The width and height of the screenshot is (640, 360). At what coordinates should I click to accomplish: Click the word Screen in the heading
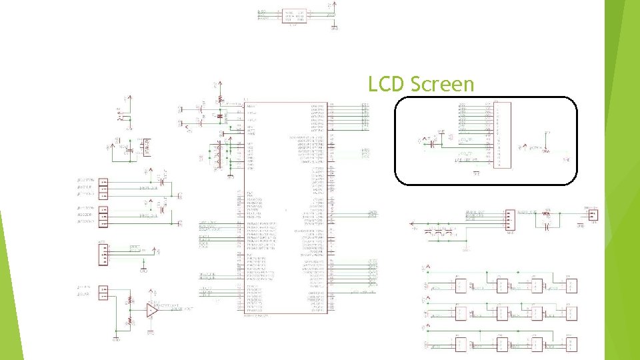[443, 85]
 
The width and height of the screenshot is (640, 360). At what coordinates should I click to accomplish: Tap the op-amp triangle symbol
[153, 310]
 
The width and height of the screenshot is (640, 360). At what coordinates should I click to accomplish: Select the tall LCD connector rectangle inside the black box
[503, 135]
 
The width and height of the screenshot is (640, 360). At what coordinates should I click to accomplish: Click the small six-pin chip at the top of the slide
[294, 15]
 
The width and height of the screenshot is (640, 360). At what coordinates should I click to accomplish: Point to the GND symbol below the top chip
[334, 27]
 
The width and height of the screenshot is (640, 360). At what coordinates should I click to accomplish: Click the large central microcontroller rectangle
[286, 207]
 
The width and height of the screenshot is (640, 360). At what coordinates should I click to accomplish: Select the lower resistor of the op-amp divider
[130, 322]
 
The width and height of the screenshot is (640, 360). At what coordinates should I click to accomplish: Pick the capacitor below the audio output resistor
[547, 227]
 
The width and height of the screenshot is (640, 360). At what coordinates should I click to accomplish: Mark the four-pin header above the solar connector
[103, 254]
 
